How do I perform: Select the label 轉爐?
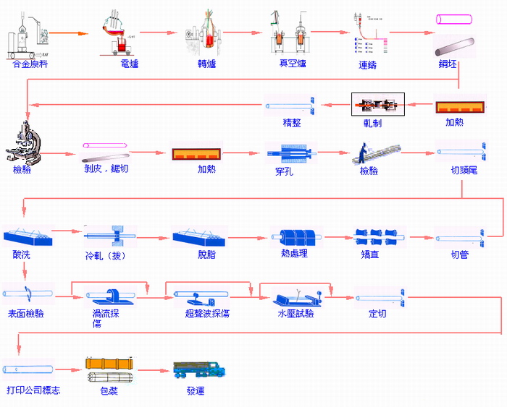(208, 64)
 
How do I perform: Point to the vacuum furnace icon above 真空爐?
(288, 33)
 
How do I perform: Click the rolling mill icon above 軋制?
(377, 106)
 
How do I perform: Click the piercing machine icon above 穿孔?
(288, 153)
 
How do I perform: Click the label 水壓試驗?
(296, 313)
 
